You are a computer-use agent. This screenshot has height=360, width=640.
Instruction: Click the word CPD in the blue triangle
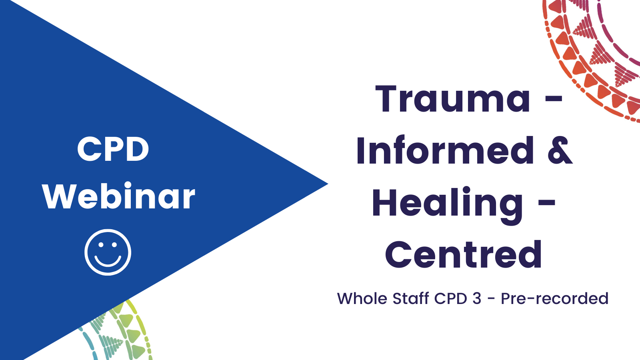point(113,148)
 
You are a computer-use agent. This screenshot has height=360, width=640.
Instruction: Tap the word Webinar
point(118,196)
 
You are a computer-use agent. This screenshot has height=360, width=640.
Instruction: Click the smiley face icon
point(108,252)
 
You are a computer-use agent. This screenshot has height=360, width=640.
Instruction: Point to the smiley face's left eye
point(100,244)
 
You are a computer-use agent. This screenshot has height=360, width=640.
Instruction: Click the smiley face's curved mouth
point(108,261)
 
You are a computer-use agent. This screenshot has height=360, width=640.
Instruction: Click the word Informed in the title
point(445,150)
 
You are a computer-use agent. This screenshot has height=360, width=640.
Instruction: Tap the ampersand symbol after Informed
point(560,150)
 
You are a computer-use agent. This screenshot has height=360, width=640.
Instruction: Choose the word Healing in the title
point(448,205)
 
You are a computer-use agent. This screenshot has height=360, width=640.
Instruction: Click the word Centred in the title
point(464,254)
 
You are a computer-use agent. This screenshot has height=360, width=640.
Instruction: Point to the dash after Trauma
point(554,100)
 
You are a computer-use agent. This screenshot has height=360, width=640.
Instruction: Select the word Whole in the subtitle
point(362,298)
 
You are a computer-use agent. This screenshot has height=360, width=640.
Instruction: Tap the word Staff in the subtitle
point(411,298)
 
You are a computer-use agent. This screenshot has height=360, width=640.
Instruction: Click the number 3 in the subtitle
point(476,298)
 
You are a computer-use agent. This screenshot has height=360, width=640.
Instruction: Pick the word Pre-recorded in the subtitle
point(554,298)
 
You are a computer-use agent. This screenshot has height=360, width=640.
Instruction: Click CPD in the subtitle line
point(450,298)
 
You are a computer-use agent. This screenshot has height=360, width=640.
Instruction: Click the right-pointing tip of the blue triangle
point(328,184)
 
